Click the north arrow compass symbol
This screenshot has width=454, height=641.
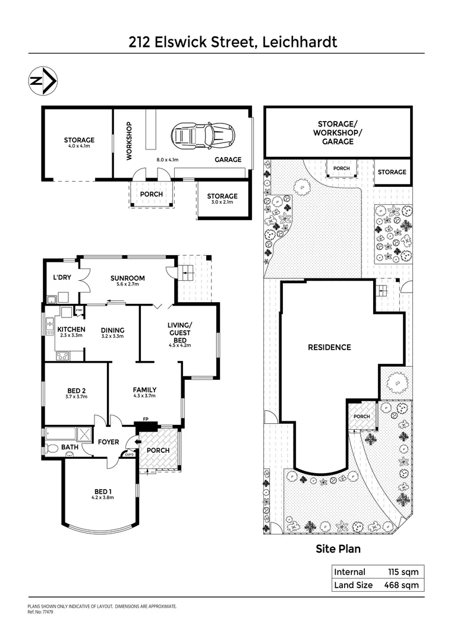(x=43, y=82)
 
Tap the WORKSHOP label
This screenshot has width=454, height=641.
(x=128, y=141)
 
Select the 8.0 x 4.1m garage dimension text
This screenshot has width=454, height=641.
(x=168, y=160)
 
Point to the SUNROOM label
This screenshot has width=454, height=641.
(x=128, y=278)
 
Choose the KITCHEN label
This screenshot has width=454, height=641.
(x=71, y=329)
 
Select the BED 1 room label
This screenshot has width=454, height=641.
(x=102, y=491)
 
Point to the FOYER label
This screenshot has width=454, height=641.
(x=109, y=442)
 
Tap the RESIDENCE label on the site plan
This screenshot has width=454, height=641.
(x=329, y=347)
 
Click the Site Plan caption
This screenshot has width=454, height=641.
(x=338, y=549)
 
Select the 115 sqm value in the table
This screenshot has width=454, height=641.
(x=402, y=572)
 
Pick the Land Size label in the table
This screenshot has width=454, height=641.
(x=354, y=585)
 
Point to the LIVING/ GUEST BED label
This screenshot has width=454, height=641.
(x=179, y=332)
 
